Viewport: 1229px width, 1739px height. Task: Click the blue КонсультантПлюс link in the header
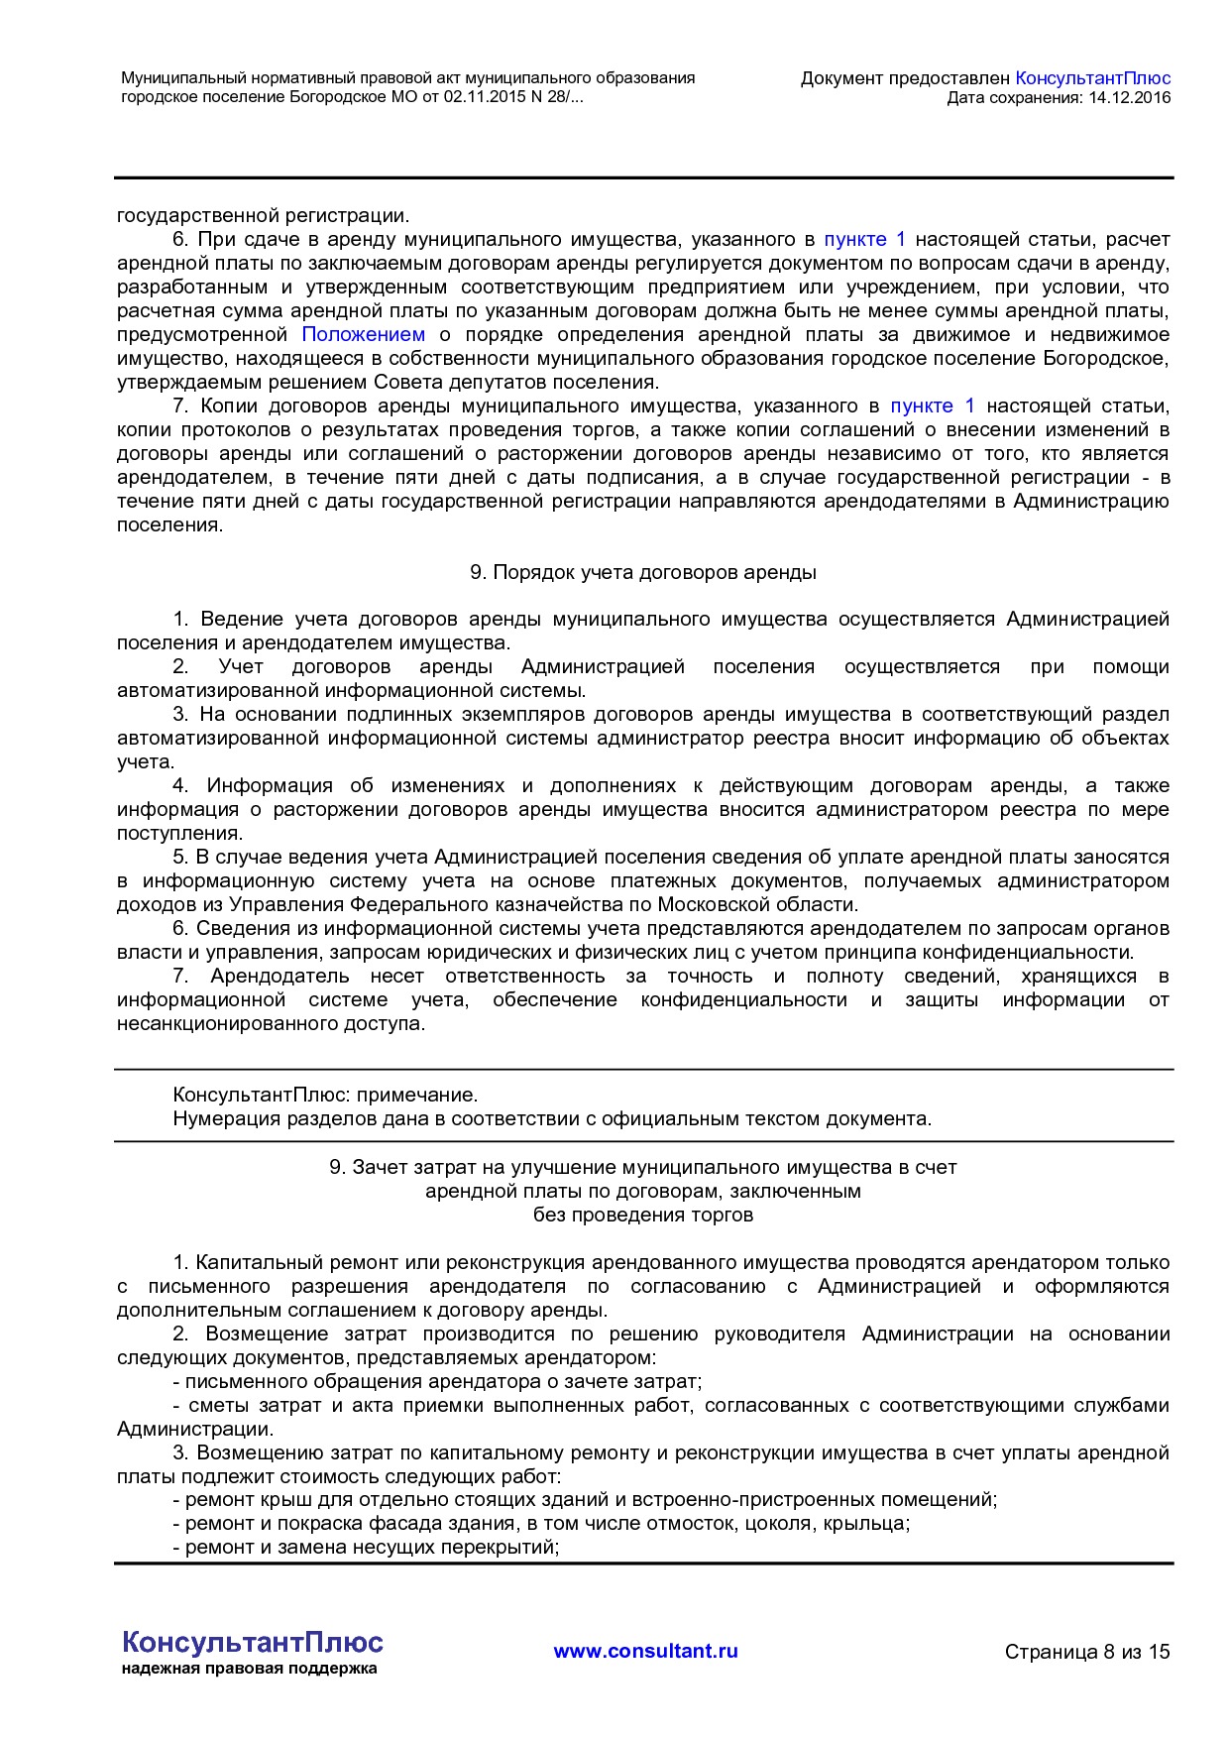pos(1092,78)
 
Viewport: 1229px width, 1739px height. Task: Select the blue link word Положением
pos(363,335)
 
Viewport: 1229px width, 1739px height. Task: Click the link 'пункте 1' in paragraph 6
pos(864,240)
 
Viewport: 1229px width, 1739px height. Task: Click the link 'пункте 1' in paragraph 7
pos(932,406)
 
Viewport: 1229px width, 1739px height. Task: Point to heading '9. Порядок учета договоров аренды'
pos(642,573)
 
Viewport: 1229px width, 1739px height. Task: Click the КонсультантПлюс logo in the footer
pos(252,1642)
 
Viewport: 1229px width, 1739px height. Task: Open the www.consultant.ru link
pos(645,1651)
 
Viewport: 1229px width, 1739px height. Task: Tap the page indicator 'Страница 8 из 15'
pos(1086,1652)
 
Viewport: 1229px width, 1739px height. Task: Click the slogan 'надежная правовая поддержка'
pos(249,1669)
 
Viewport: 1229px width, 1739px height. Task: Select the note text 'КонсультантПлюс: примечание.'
pos(325,1096)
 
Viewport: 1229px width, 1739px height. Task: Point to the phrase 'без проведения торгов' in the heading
pos(642,1216)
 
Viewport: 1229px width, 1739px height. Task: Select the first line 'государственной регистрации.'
pos(263,216)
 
